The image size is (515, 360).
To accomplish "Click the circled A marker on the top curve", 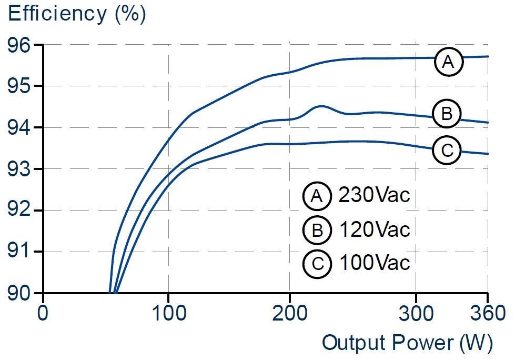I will pyautogui.click(x=448, y=62).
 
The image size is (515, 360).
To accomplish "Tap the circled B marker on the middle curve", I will pyautogui.click(x=447, y=114).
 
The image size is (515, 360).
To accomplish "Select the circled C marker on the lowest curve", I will pyautogui.click(x=447, y=151).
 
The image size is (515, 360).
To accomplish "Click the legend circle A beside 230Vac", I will pyautogui.click(x=317, y=196).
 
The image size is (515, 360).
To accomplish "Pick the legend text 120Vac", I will pyautogui.click(x=374, y=229).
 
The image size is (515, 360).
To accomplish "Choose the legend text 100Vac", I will pyautogui.click(x=374, y=263).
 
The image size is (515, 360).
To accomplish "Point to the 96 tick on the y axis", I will pyautogui.click(x=19, y=45).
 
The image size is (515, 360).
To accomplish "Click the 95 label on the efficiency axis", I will pyautogui.click(x=19, y=86).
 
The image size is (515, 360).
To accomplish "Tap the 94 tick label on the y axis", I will pyautogui.click(x=19, y=128).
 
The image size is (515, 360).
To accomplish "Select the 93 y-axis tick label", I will pyautogui.click(x=19, y=169).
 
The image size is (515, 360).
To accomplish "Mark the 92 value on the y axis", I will pyautogui.click(x=19, y=211).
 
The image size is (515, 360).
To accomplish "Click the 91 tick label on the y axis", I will pyautogui.click(x=19, y=252).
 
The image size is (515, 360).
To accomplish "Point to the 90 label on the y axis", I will pyautogui.click(x=19, y=293).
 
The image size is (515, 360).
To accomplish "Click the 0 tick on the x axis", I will pyautogui.click(x=43, y=313).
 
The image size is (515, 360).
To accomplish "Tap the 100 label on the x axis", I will pyautogui.click(x=168, y=313).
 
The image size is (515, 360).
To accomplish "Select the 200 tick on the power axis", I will pyautogui.click(x=290, y=313).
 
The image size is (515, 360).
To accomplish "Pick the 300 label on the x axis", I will pyautogui.click(x=416, y=313).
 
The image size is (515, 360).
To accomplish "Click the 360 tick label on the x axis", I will pyautogui.click(x=487, y=313).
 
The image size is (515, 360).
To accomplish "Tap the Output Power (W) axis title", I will pyautogui.click(x=407, y=343).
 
